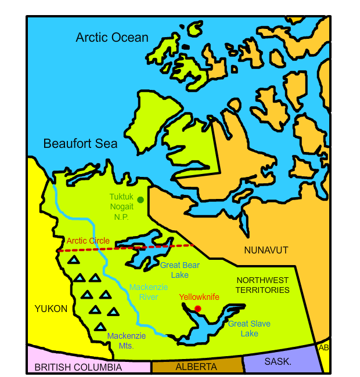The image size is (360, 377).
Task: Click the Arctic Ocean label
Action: (112, 38)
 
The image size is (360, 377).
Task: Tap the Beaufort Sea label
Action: (80, 144)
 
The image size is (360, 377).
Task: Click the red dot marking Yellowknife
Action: (197, 309)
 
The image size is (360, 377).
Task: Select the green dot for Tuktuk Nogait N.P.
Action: (141, 200)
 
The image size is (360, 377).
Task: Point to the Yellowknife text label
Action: (199, 297)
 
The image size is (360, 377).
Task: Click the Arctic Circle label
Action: (88, 241)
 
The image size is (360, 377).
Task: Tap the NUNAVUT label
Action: (266, 250)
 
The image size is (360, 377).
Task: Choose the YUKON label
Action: (51, 309)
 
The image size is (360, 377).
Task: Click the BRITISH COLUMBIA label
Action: (78, 367)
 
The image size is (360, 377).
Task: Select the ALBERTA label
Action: (196, 367)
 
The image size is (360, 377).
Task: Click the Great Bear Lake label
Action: (180, 270)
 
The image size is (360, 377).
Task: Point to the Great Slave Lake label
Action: (249, 328)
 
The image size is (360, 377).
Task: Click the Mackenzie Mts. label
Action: (127, 340)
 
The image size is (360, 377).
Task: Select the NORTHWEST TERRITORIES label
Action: (262, 285)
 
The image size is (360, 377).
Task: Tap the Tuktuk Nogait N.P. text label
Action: (121, 207)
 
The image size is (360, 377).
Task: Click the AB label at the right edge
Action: (323, 347)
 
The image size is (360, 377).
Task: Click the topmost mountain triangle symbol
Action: (74, 260)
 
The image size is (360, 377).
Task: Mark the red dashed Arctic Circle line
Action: (145, 247)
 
